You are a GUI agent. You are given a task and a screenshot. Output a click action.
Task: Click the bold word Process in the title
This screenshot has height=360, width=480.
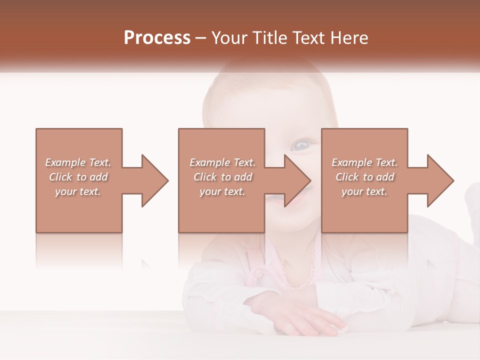click(x=157, y=38)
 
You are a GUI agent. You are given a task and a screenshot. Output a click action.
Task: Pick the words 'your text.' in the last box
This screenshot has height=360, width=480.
click(x=364, y=191)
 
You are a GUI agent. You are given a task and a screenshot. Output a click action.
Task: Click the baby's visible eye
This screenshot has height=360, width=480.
click(x=302, y=145)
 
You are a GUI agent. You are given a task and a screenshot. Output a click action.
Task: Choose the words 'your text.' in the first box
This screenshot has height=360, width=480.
click(x=77, y=191)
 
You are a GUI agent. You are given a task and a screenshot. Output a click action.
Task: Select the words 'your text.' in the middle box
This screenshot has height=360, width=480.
click(x=222, y=191)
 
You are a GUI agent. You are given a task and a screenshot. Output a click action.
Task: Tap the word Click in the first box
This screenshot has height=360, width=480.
click(x=60, y=177)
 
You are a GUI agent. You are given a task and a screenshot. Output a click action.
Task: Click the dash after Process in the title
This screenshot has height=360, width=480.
click(x=201, y=38)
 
